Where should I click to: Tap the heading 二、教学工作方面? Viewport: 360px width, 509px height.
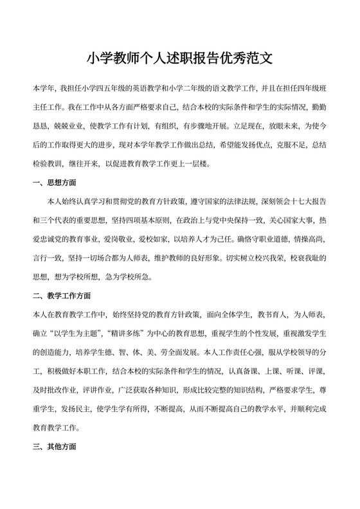click(x=60, y=296)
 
